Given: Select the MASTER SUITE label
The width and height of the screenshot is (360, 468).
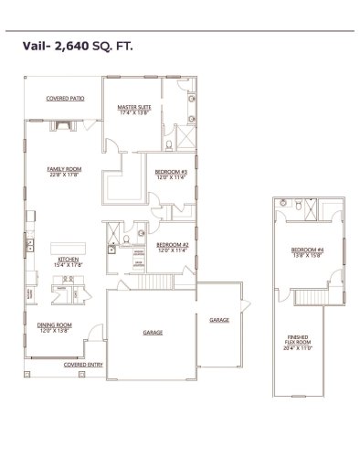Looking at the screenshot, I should point(134,108).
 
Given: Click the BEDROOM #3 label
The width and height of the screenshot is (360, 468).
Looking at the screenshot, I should point(171,172).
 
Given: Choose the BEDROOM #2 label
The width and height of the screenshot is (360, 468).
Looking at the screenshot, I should point(172,244).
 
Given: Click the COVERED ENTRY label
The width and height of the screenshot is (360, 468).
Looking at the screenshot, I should point(80,364).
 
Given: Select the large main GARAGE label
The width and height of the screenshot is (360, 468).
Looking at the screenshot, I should point(153,332).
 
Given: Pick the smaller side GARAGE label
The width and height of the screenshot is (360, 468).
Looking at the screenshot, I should point(219,320).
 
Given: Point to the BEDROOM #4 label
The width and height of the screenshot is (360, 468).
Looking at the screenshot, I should point(305,249).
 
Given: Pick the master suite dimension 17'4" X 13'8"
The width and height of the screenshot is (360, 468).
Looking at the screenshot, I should point(134,113).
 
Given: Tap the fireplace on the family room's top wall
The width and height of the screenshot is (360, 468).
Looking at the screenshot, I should point(65,119).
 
